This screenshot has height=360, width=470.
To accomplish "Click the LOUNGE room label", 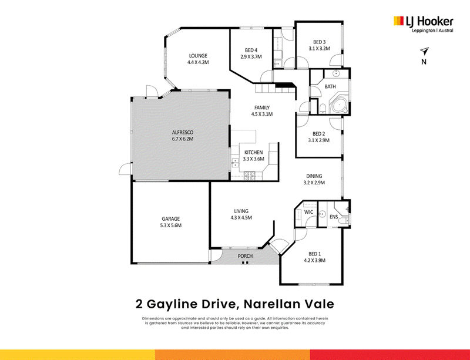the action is [198, 56].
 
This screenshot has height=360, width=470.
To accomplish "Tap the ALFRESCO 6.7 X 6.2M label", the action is [183, 136].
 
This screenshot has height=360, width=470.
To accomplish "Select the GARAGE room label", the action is [171, 219].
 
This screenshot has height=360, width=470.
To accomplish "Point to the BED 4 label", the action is [251, 50].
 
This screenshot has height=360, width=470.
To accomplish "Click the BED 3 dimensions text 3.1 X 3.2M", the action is [319, 48].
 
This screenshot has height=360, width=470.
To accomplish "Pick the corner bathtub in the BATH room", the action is [339, 105].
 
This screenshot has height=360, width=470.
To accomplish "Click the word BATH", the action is [330, 87].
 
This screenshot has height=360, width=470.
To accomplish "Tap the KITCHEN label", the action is [253, 153].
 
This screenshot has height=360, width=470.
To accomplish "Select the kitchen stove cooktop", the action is [249, 176].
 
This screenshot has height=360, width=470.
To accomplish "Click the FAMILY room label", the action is [262, 107].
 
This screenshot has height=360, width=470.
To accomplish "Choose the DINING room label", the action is [314, 176].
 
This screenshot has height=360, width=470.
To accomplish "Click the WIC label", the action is [309, 212].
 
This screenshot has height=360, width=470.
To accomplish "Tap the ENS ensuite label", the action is [334, 217].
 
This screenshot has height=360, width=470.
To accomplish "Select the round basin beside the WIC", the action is [322, 214].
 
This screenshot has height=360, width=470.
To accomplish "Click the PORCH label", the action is [245, 256].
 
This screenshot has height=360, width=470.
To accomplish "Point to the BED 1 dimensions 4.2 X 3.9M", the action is [314, 261].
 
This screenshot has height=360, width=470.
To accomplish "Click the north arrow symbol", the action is [424, 51].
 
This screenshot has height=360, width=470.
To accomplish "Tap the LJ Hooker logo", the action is [423, 24].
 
